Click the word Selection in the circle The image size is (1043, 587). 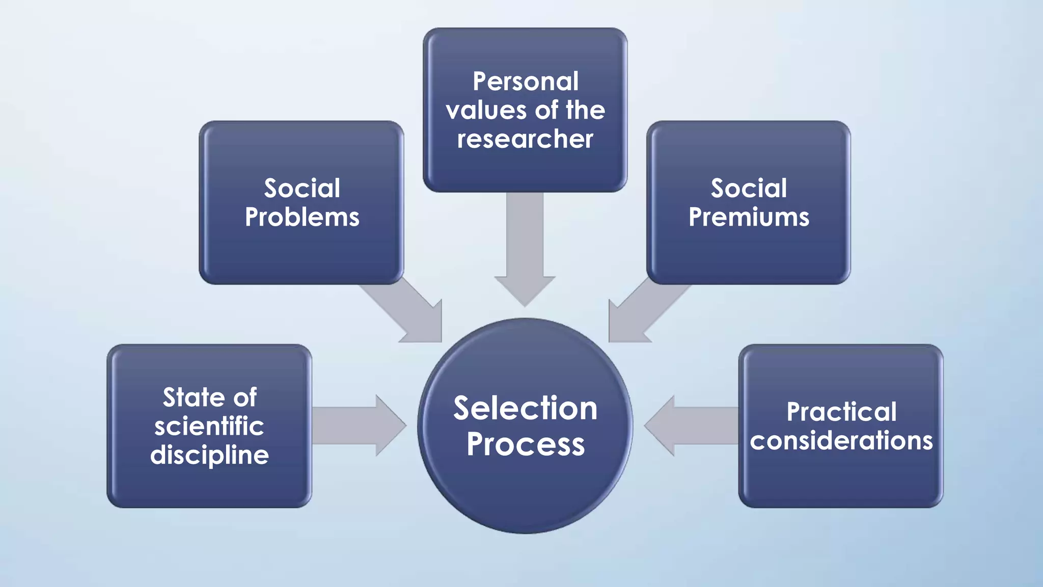525,408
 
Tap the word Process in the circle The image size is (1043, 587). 525,444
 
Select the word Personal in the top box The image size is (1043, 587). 525,82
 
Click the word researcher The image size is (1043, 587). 525,139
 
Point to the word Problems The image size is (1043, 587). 302,218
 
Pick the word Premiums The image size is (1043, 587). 749,218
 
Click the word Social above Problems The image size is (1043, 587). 302,189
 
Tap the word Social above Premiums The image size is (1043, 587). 749,189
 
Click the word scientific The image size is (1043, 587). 209,426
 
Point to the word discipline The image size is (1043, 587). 209,455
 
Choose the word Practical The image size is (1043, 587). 841,412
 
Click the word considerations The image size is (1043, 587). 841,441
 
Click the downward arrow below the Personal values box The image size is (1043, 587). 525,250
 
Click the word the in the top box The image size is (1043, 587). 585,111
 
